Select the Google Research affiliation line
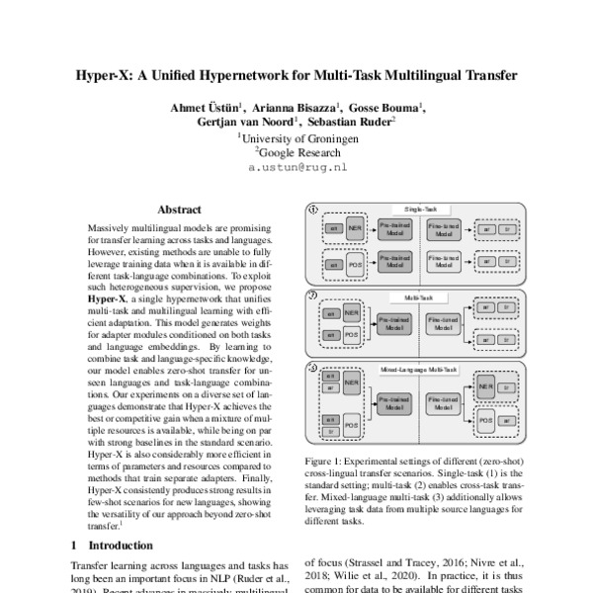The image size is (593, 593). pyautogui.click(x=298, y=153)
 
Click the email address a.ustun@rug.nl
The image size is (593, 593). pyautogui.click(x=297, y=169)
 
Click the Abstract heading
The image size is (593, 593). pyautogui.click(x=179, y=210)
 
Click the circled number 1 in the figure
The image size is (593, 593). pyautogui.click(x=313, y=210)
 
